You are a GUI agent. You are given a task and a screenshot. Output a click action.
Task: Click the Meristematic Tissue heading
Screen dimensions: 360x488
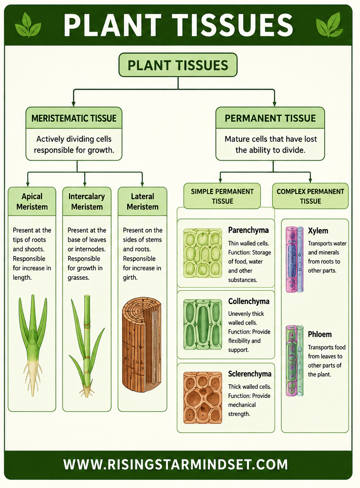(74, 118)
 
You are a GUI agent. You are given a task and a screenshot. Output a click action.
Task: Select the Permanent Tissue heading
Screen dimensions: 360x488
(270, 118)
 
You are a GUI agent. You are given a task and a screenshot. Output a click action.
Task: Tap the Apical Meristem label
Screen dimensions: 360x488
(32, 202)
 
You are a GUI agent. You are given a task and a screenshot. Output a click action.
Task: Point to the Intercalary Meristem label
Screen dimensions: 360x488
(87, 202)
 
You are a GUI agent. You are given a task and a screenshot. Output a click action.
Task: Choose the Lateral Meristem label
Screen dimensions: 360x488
(143, 202)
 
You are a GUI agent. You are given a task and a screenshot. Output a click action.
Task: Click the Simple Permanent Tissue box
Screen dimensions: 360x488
(222, 196)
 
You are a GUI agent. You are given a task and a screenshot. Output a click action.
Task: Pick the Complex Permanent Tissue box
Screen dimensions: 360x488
(310, 196)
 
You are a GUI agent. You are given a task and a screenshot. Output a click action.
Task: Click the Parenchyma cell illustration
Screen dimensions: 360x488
(203, 253)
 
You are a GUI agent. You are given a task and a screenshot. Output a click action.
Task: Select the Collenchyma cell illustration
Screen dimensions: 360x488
(203, 324)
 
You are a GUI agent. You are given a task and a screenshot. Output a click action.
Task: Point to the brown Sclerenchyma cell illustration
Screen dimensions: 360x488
(203, 397)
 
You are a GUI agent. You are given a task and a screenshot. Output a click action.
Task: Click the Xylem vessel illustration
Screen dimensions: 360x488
(295, 259)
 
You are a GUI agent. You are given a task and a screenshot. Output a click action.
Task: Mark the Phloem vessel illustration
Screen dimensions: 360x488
(295, 361)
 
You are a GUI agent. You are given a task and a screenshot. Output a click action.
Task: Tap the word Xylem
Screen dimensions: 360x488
(318, 231)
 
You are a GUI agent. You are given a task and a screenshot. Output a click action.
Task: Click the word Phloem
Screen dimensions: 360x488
(320, 334)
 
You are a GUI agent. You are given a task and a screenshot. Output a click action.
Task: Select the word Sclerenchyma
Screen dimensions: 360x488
(250, 374)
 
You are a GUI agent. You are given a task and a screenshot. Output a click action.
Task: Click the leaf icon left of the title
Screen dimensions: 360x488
(28, 25)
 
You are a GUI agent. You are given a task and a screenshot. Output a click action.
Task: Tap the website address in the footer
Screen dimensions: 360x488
(175, 464)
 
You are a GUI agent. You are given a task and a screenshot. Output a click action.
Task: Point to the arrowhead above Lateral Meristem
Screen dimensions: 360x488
(142, 184)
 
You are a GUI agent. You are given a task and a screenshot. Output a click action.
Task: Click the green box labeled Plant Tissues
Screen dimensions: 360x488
(178, 65)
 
